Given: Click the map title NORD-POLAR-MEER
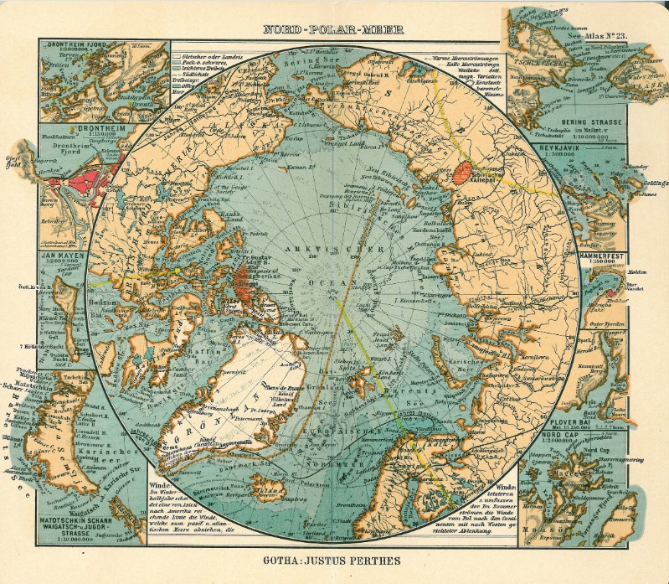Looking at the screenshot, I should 333,28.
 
